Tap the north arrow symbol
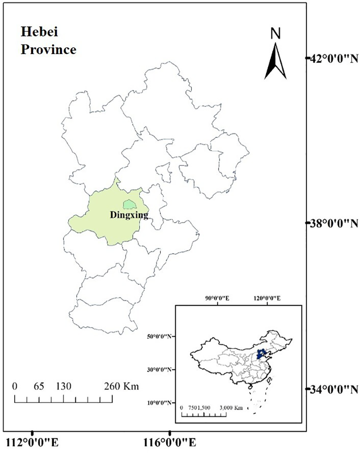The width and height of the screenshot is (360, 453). point(275,61)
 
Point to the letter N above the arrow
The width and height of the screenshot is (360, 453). point(276,34)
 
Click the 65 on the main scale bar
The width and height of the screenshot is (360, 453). point(39,386)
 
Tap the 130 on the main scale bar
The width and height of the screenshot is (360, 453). point(64,386)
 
